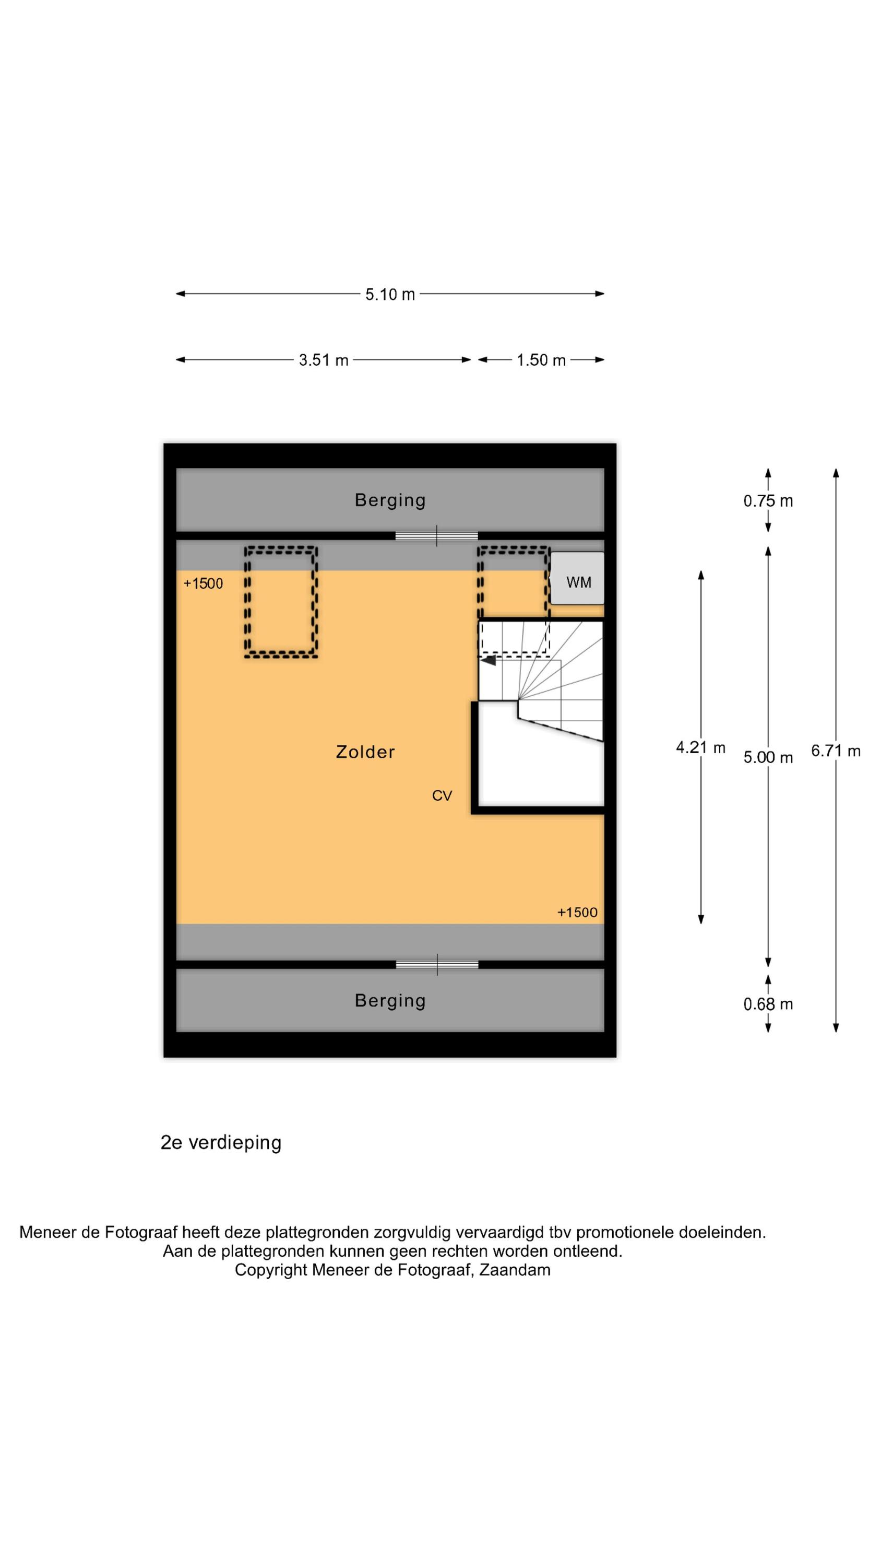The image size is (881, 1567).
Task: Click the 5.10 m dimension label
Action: [x=390, y=295]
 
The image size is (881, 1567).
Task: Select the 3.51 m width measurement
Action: [x=324, y=360]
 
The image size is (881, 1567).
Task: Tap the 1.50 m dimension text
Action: [x=541, y=360]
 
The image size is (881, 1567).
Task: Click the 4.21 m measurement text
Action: [x=701, y=747]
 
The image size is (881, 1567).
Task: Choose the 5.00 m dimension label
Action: [x=768, y=757]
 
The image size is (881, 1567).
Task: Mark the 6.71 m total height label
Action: [x=836, y=751]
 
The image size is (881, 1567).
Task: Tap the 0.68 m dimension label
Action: [x=768, y=1004]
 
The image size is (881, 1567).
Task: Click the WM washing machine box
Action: [x=578, y=578]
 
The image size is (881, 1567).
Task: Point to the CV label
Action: [x=442, y=796]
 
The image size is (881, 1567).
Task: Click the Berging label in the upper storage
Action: [x=390, y=500]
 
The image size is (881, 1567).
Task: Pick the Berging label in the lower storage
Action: [x=390, y=1001]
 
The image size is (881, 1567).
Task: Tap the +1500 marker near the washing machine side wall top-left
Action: [x=203, y=583]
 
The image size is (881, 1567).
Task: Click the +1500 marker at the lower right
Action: [x=578, y=912]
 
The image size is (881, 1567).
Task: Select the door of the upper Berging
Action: [x=436, y=536]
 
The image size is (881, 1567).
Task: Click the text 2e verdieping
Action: [x=221, y=1142]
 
